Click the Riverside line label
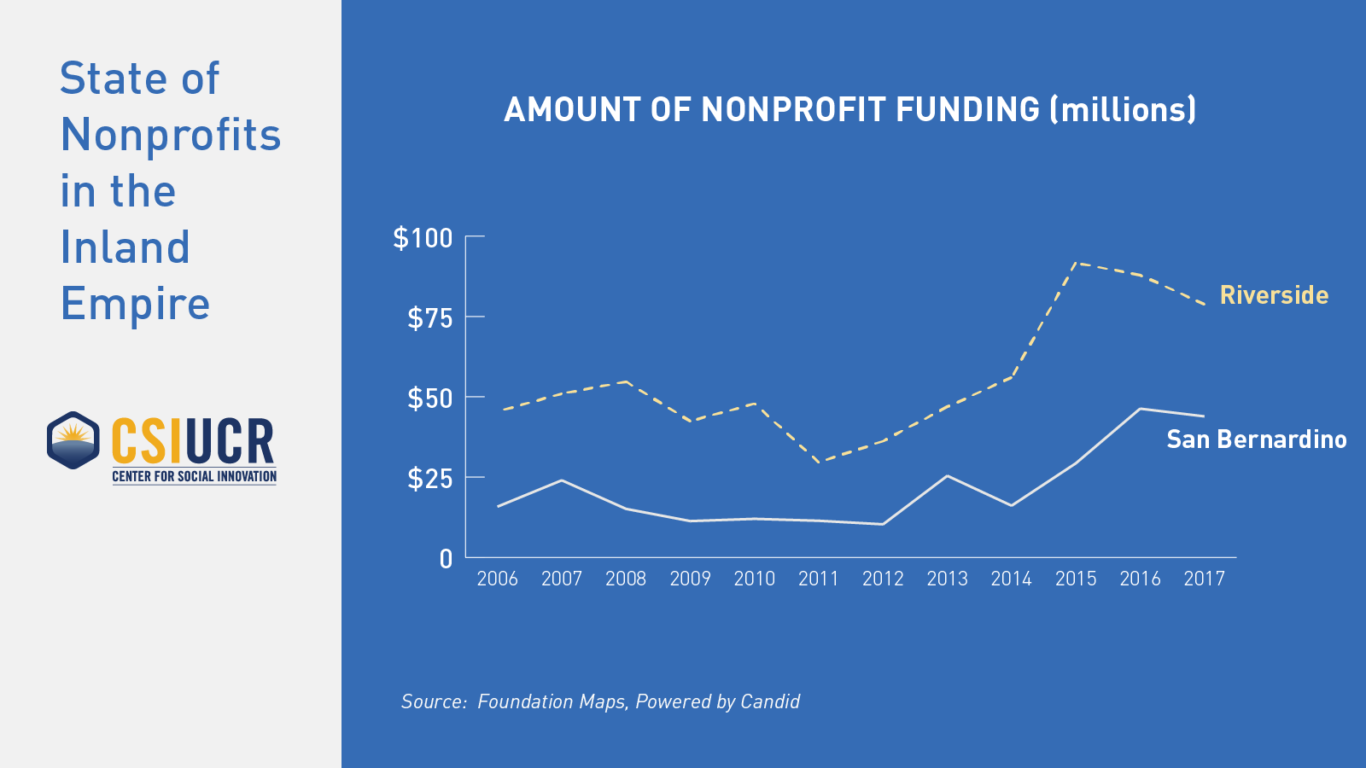pos(1274,295)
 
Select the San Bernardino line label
pos(1256,439)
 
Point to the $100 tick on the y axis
pos(423,237)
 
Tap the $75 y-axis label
pos(429,318)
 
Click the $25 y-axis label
pos(429,479)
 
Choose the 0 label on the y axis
pos(446,559)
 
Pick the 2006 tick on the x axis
pos(497,579)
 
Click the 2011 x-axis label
pos(819,579)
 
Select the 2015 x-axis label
pos(1076,579)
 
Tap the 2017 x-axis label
pos(1204,579)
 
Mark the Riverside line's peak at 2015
pos(1077,263)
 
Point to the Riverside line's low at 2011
pos(820,462)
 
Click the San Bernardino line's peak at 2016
pos(1140,409)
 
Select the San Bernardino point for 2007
pos(561,480)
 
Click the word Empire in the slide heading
pos(135,304)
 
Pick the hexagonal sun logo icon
pos(73,440)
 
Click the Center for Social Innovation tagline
pos(195,476)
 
